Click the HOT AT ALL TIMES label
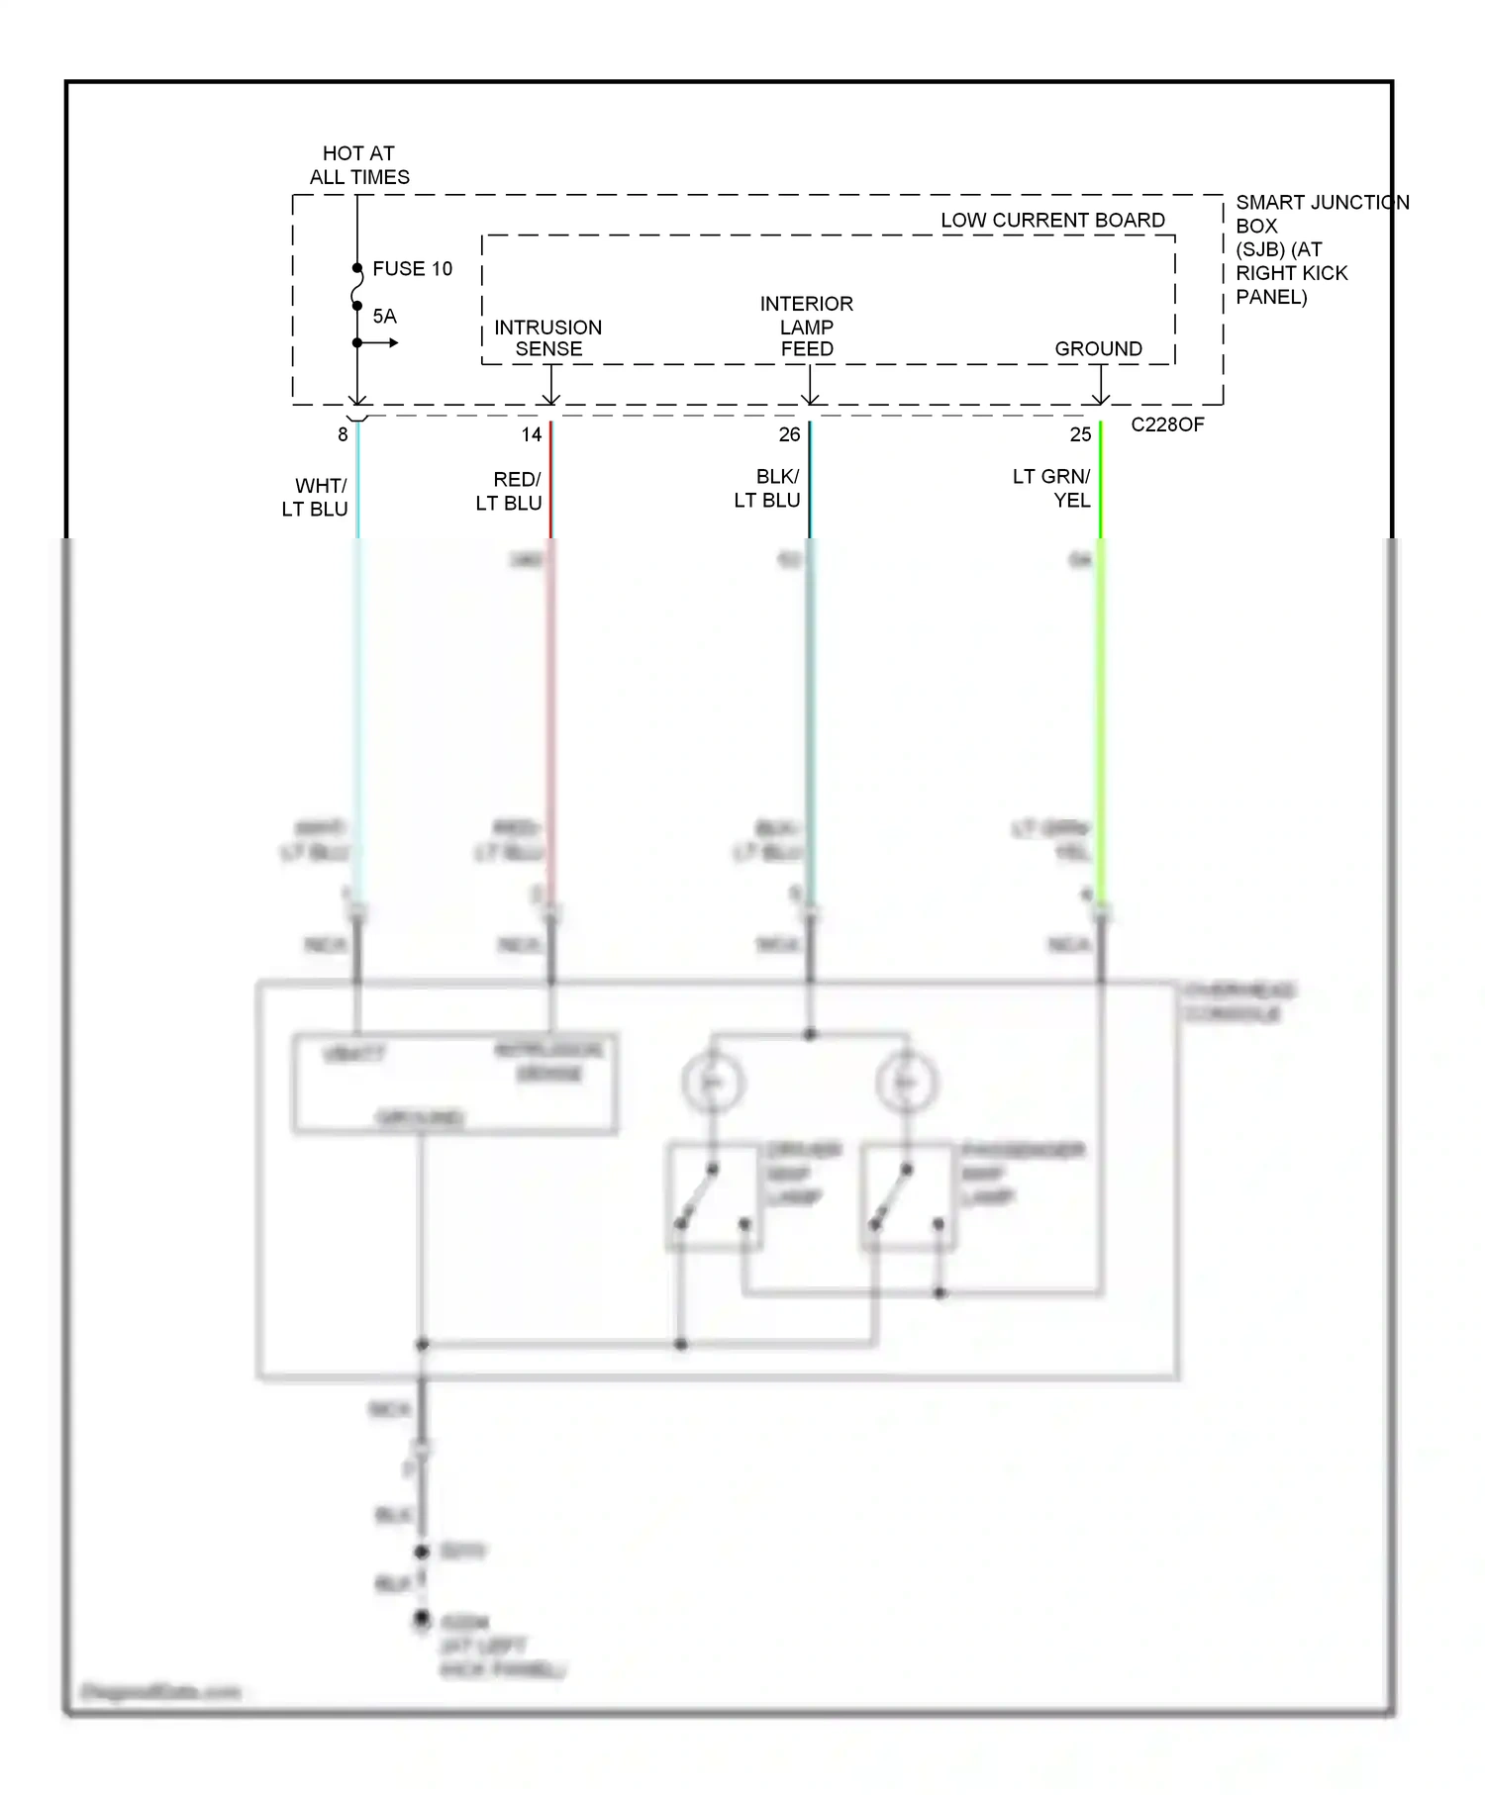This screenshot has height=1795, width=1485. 358,165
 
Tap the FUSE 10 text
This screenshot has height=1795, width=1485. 412,269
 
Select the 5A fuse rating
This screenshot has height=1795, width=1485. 384,317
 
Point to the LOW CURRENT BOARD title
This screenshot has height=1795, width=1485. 1052,221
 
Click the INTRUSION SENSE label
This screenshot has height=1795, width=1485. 548,338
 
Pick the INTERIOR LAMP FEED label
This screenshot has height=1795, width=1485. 807,327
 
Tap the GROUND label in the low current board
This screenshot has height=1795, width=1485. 1098,349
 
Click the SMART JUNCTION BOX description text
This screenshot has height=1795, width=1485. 1297,249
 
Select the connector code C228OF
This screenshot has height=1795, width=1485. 1167,425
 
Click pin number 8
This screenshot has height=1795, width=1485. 343,434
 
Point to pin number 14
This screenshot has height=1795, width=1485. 532,434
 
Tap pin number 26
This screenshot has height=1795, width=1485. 789,434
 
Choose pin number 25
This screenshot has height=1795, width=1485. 1080,434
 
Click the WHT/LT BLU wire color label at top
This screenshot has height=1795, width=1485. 316,498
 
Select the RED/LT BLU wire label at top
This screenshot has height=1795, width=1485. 510,492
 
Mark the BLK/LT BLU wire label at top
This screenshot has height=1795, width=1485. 768,489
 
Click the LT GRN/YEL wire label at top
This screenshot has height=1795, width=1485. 1052,489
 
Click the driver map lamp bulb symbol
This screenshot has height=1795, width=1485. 712,1082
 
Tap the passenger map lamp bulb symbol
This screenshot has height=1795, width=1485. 906,1082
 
